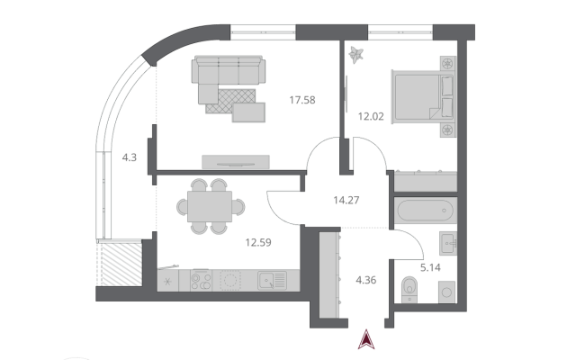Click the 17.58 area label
tap(302, 100)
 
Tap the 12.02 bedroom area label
tap(371, 116)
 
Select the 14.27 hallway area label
tap(346, 200)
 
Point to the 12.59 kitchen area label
tap(258, 242)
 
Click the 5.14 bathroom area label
tap(430, 267)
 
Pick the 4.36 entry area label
tap(366, 280)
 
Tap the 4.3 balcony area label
tap(130, 157)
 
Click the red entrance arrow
tap(366, 339)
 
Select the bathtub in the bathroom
tap(426, 211)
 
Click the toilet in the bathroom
tap(409, 290)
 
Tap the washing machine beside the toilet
tap(446, 292)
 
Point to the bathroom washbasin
tap(448, 243)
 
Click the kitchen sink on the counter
tap(272, 281)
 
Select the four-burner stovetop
tap(201, 281)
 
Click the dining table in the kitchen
tap(210, 206)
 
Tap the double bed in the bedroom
tap(423, 96)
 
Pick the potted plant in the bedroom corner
tap(356, 55)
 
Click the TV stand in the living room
tap(236, 162)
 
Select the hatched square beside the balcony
tap(121, 265)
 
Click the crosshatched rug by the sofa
tap(230, 101)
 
